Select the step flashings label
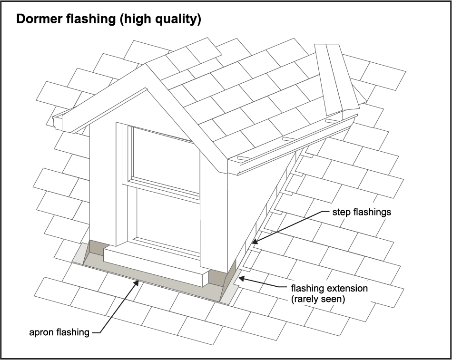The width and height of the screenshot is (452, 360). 362,212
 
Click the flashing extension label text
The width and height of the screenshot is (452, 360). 329,289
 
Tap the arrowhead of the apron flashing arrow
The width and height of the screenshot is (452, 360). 138,282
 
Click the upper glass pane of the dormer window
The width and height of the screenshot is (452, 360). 166,159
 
